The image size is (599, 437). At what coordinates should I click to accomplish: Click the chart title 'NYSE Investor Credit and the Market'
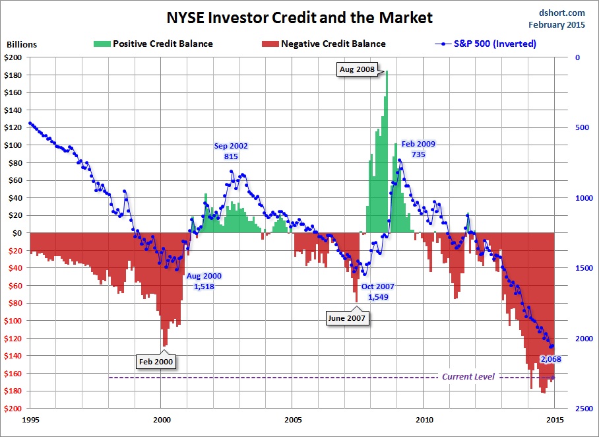pos(299,18)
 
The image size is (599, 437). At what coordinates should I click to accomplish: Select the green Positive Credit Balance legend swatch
pos(102,44)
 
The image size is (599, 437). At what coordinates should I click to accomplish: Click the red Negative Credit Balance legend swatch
pos(270,44)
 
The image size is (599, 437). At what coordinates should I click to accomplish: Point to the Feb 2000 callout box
pos(157,361)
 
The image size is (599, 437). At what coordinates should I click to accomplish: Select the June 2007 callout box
pos(347,318)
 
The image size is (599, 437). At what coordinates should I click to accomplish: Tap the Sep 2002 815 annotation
pos(231,151)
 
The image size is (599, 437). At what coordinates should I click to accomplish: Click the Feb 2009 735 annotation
pos(418,149)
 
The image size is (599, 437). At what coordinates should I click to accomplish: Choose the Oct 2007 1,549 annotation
pos(377,292)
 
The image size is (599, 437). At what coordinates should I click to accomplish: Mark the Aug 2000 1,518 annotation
pos(204,281)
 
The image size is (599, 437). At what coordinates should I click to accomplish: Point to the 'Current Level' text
pos(468,377)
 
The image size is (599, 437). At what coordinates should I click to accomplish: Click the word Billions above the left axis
pos(22,45)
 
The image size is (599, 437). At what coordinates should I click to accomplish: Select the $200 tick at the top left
pos(14,57)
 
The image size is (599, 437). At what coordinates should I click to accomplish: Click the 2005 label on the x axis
pos(293,419)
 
